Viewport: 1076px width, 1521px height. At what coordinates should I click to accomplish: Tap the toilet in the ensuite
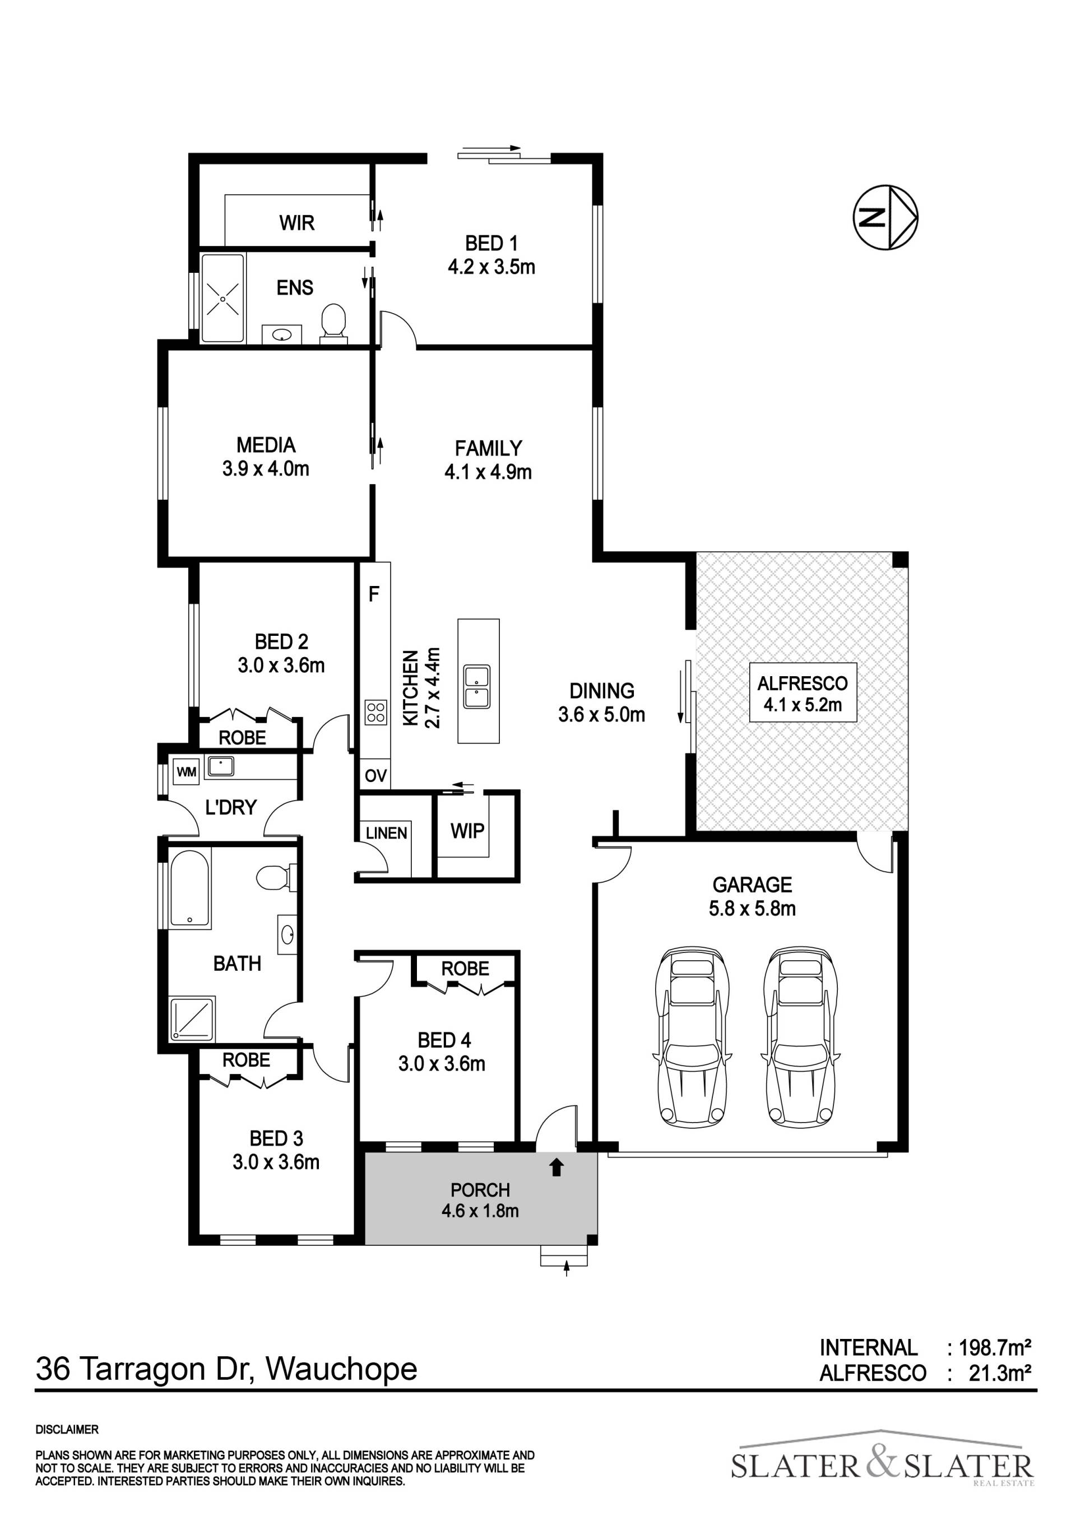click(x=333, y=323)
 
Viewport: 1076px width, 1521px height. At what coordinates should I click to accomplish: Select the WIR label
click(x=297, y=222)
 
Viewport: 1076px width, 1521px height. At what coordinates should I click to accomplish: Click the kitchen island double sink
click(x=477, y=686)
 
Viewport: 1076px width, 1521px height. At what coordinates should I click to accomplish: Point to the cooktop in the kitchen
click(x=375, y=711)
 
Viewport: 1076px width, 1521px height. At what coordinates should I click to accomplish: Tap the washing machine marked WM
click(x=186, y=772)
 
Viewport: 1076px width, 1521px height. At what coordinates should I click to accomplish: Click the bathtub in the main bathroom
click(x=190, y=889)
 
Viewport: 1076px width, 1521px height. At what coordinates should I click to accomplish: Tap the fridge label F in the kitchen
click(x=374, y=594)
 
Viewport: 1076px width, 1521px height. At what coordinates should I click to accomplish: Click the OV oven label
click(x=375, y=776)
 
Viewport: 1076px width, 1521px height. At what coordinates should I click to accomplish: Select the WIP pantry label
click(x=468, y=831)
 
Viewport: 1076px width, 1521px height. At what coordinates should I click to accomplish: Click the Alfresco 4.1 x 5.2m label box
click(x=803, y=692)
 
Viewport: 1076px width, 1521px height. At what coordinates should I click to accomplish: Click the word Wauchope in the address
click(x=341, y=1369)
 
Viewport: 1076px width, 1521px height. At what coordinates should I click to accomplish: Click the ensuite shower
click(x=222, y=298)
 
